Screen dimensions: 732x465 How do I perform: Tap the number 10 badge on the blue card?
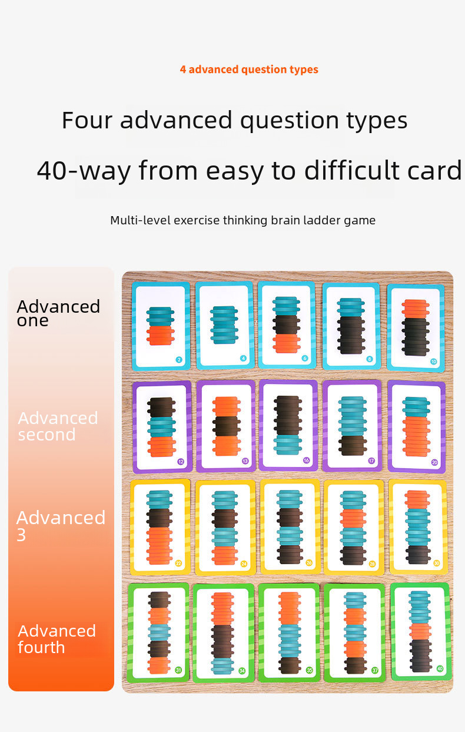(434, 361)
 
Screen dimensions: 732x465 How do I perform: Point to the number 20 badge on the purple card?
(434, 462)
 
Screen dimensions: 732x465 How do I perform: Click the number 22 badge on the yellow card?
(178, 564)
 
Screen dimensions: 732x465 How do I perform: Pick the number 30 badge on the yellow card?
(436, 563)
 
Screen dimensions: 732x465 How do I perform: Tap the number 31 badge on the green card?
(178, 670)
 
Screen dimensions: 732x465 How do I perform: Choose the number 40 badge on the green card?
(439, 668)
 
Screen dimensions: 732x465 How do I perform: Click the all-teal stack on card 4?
(224, 324)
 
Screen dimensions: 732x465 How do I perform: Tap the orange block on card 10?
(416, 309)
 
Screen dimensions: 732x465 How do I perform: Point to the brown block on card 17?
(353, 445)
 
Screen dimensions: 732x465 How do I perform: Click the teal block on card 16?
(288, 445)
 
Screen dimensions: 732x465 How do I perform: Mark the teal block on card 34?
(222, 665)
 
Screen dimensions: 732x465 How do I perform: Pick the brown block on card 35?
(289, 664)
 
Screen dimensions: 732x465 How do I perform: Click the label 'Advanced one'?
(58, 313)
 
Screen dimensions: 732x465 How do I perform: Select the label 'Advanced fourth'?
(57, 639)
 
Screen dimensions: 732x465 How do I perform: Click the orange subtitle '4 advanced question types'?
(249, 69)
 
